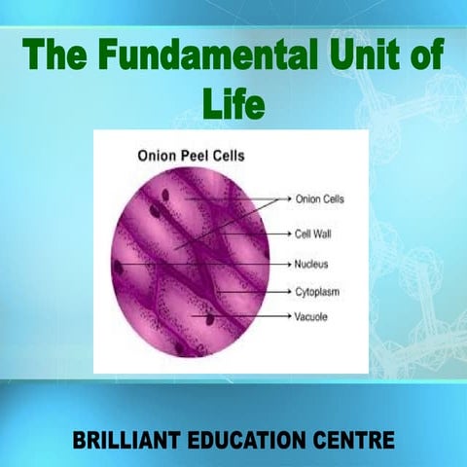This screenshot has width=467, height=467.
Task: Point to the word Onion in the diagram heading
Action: point(159,153)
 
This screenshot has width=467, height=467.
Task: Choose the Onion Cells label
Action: point(320,199)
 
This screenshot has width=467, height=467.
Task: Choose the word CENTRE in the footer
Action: point(357,441)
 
